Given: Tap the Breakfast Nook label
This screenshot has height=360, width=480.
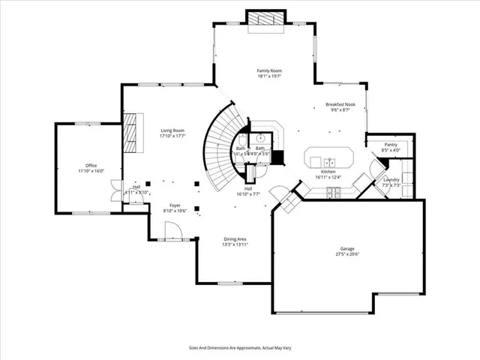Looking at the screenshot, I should point(339,104).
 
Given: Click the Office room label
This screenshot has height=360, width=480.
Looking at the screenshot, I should point(91,165).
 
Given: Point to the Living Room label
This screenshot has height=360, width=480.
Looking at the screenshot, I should point(172,130).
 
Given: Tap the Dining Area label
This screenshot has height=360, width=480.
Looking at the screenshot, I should point(235,239).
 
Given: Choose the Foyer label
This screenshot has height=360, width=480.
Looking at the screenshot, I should point(174,205).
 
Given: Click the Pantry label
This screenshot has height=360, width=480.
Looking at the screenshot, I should point(390,144).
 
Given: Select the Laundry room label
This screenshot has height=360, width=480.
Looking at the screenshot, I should point(391,180).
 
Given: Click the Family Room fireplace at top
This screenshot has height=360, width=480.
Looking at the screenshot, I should point(266,19).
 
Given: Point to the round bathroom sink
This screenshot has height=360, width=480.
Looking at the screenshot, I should point(259,138).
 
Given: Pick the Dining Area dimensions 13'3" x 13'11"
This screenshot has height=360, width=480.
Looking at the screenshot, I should point(235,244).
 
